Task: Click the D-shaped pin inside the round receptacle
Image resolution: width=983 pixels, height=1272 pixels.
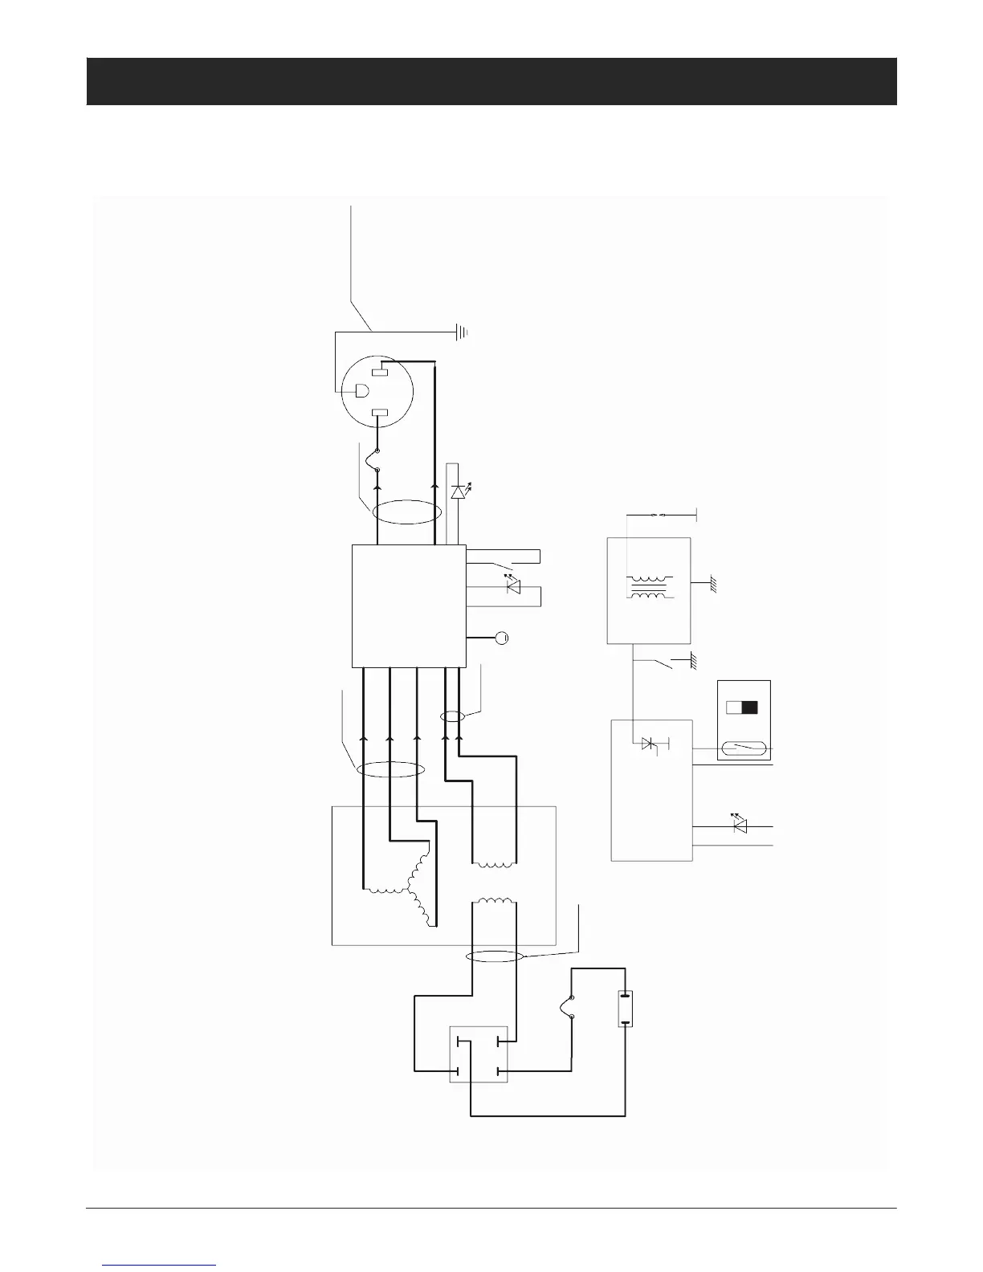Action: pos(361,392)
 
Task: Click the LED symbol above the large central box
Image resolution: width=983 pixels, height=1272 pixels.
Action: pos(459,491)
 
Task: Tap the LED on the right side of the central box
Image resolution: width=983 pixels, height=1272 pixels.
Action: pos(512,587)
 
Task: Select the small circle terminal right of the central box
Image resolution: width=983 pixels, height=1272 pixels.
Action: pos(502,638)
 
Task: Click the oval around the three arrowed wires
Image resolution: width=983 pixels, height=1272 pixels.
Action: pos(390,770)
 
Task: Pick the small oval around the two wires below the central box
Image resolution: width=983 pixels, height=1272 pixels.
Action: pos(453,716)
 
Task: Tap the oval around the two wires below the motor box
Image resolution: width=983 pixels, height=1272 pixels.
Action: pos(495,956)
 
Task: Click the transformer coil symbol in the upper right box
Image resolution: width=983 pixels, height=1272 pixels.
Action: pos(649,587)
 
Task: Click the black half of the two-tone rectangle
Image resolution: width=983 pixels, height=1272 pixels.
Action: pos(750,707)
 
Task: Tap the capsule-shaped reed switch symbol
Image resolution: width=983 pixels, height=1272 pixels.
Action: pos(744,749)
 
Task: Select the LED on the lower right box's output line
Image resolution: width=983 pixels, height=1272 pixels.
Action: pos(740,826)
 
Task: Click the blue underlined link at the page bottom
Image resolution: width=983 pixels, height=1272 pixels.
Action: pos(160,1265)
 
